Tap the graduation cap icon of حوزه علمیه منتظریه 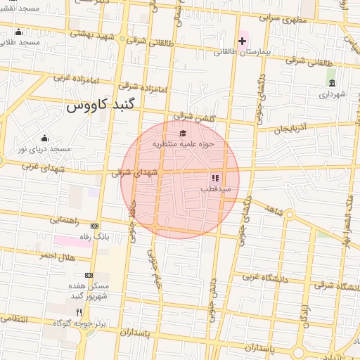click(183, 133)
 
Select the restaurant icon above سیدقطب click(215, 179)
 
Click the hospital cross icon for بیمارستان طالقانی click(242, 41)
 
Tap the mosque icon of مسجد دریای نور click(45, 138)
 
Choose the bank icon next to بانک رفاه click(95, 226)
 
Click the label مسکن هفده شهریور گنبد click(89, 290)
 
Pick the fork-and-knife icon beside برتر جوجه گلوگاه click(79, 312)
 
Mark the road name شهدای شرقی click(131, 172)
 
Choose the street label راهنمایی click(65, 220)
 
